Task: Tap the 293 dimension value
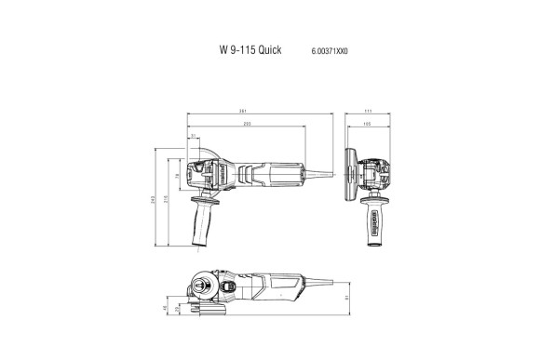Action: (246, 125)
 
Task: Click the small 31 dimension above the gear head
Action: (193, 137)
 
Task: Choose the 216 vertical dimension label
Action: (167, 198)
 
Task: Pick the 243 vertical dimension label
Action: (155, 198)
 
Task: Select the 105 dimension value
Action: (367, 125)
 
